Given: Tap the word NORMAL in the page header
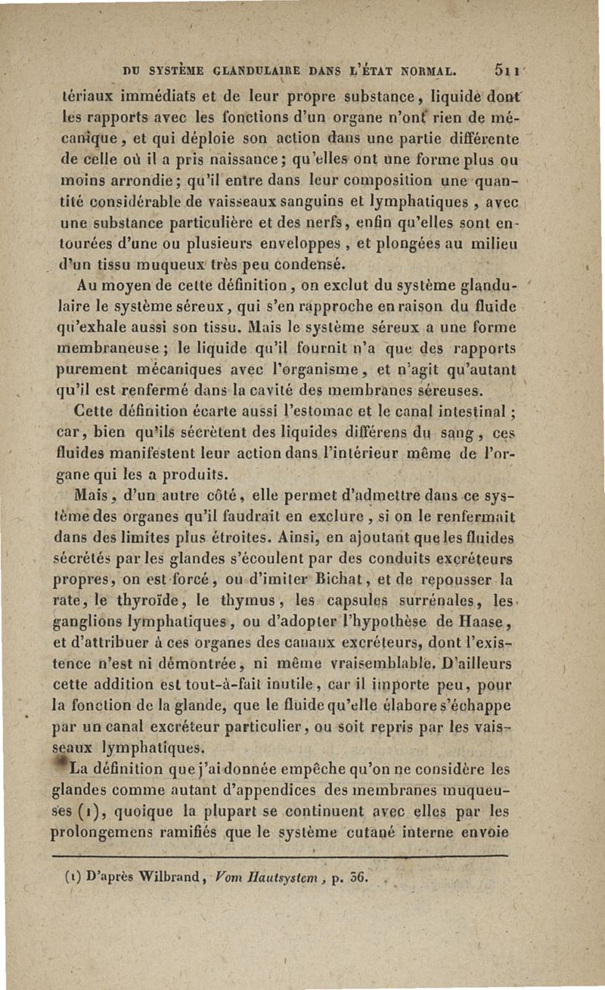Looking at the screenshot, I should [419, 73].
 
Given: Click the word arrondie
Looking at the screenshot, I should [139, 182].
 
